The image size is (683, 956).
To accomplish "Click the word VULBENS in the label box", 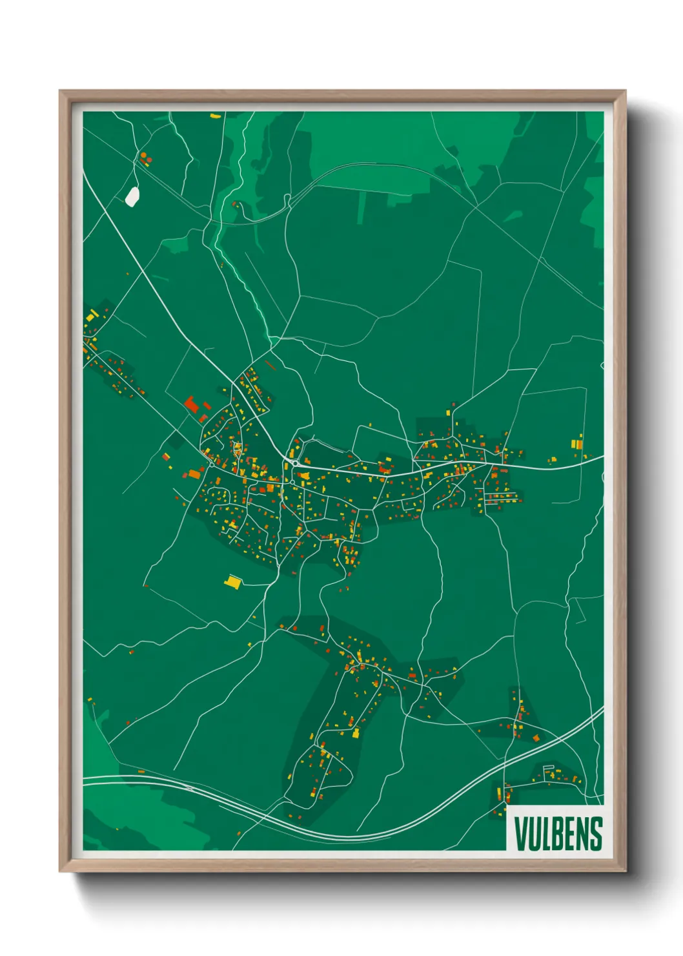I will point(558,833).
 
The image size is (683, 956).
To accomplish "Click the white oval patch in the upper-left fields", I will point(132,196).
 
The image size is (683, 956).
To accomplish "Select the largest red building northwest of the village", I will point(191,405).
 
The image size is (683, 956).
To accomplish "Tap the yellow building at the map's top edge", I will point(215,116).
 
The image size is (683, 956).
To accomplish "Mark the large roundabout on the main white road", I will point(294,464).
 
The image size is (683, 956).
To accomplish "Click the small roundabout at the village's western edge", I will point(212,464).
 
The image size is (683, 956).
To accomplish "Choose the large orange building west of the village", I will point(195,474).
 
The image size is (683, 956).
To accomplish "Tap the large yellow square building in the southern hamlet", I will point(356,733).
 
